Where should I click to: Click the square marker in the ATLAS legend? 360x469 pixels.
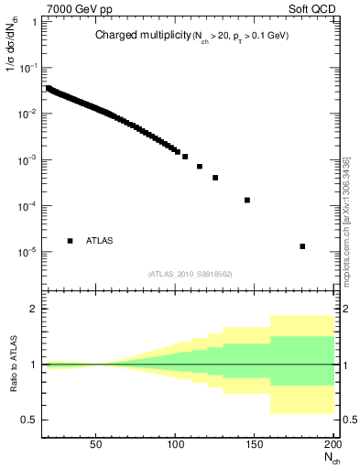point(70,241)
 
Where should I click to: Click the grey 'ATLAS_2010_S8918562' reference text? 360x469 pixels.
point(189,273)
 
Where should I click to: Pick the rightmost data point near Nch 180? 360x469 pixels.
point(302,246)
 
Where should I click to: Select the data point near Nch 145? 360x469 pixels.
point(247,200)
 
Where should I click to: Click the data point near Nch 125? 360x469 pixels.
point(215,178)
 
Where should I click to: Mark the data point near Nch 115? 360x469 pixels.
point(199,167)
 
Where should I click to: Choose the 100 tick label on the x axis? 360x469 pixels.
point(176,444)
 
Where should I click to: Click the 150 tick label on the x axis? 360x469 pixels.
point(256,444)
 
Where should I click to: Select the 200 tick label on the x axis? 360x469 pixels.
point(332,444)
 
